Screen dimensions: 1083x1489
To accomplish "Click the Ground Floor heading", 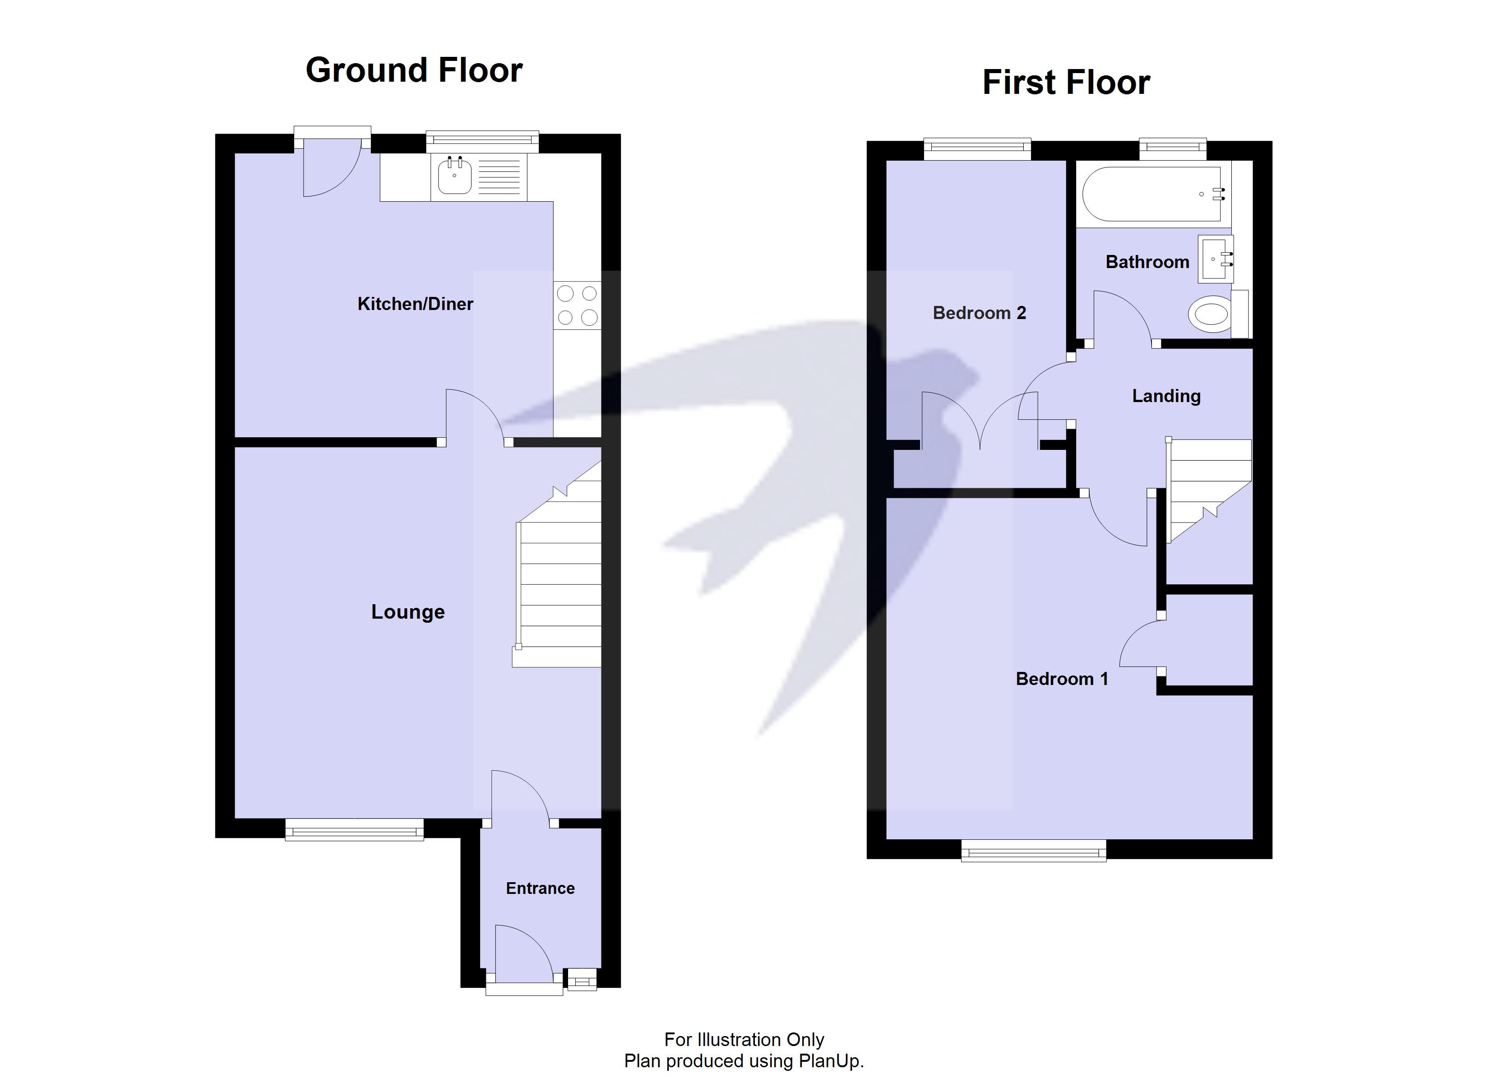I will [x=414, y=70].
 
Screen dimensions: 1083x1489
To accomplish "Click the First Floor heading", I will [x=1066, y=83].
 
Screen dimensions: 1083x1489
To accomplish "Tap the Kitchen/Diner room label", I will [x=415, y=304].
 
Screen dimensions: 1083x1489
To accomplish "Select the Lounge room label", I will [x=408, y=612].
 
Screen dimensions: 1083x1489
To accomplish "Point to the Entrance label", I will [x=540, y=889].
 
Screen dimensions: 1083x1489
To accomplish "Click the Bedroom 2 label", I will [x=979, y=313].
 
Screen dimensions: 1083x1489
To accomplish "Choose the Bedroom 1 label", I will [x=1062, y=679].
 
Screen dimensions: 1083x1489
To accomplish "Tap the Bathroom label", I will [x=1147, y=262].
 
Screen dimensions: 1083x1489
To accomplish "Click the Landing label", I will [x=1166, y=396].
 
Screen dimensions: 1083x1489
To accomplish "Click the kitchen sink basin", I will [x=454, y=176].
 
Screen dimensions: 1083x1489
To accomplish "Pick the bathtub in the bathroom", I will [x=1152, y=194].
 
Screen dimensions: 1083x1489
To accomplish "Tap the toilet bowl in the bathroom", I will [x=1211, y=314].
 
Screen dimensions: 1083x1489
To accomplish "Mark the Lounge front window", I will [x=355, y=829].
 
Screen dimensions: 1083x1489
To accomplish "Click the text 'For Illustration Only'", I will [x=744, y=1040].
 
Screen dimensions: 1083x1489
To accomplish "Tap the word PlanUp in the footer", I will [x=829, y=1061].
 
